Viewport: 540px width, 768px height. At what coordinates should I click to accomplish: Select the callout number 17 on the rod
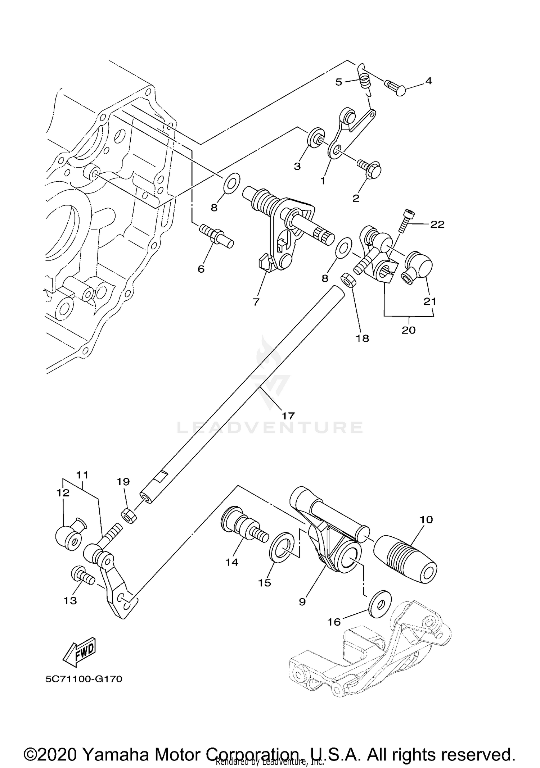tap(288, 416)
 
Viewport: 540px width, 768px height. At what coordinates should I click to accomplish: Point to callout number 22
tap(437, 224)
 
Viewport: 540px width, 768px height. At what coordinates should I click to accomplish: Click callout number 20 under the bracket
tap(409, 330)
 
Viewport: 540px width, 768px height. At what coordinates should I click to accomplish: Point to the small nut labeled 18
tap(348, 280)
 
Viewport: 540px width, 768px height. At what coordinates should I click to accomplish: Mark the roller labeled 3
tap(315, 137)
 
